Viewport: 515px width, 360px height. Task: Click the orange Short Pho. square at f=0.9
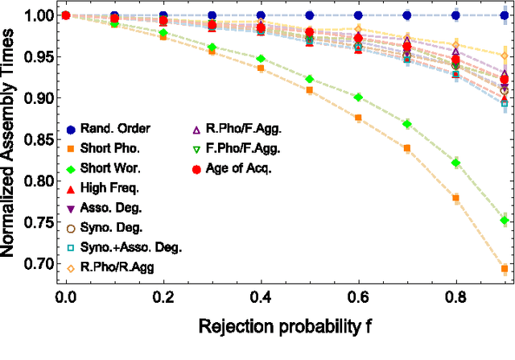[x=505, y=269]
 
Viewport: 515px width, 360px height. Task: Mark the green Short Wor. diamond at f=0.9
[x=505, y=220]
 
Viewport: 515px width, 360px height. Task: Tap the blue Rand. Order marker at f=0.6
[x=358, y=15]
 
